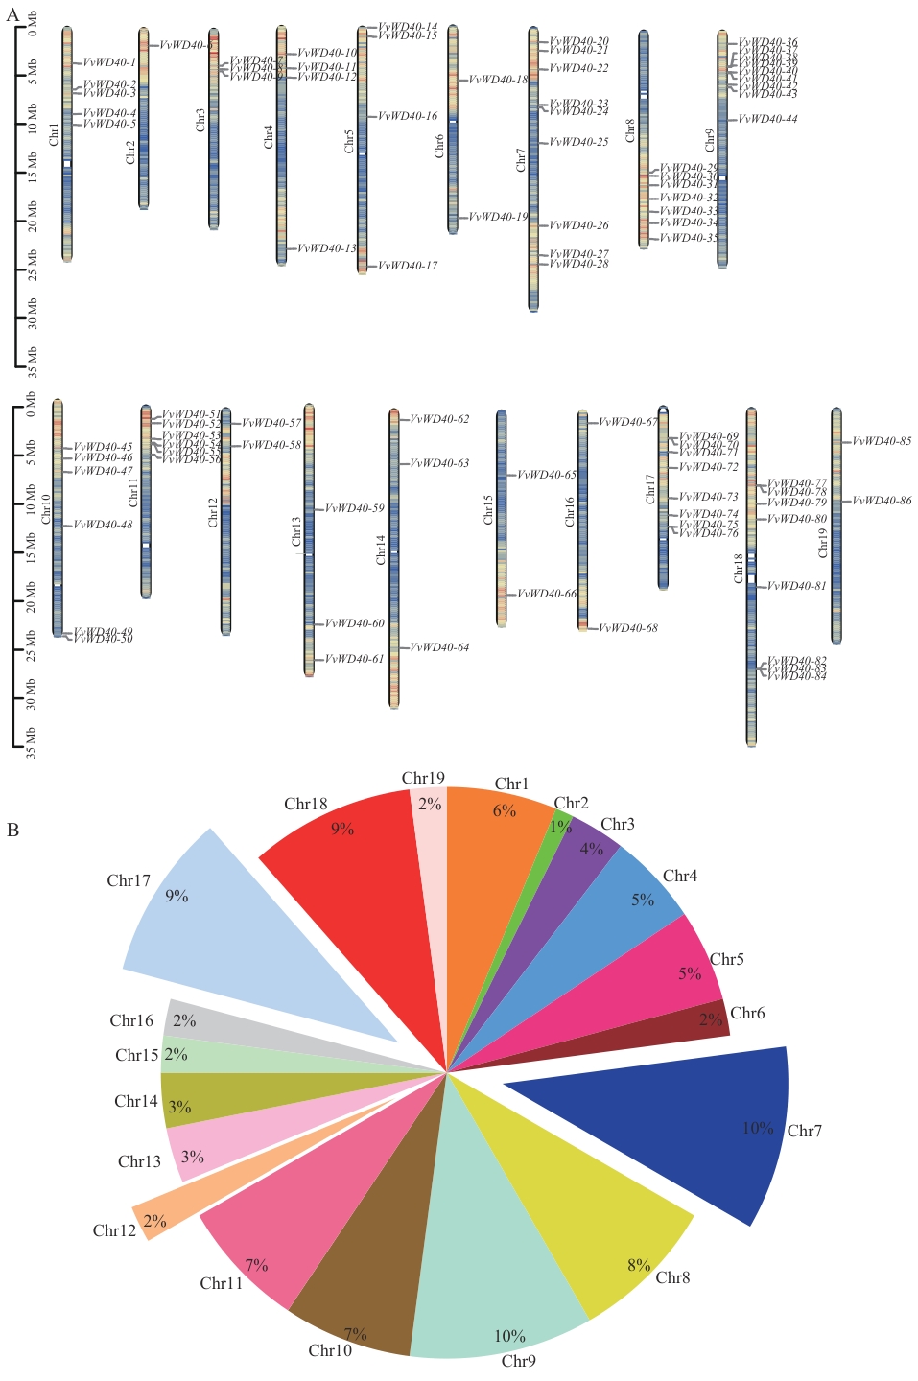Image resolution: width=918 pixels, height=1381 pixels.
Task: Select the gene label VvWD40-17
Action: click(407, 266)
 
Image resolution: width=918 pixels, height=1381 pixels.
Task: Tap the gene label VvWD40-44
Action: click(767, 119)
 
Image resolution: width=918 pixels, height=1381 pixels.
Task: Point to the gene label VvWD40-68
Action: click(628, 628)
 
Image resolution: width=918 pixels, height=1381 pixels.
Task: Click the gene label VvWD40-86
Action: click(882, 501)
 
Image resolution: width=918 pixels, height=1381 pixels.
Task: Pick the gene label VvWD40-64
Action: click(439, 647)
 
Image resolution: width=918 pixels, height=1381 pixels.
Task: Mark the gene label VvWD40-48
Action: click(103, 525)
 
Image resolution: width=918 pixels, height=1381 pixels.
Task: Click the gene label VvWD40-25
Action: click(578, 142)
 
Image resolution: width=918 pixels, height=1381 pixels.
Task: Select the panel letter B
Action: click(12, 830)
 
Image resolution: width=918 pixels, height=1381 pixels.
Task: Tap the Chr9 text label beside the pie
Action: click(518, 1361)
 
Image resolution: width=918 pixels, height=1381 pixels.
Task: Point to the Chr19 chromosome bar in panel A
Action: click(836, 526)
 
